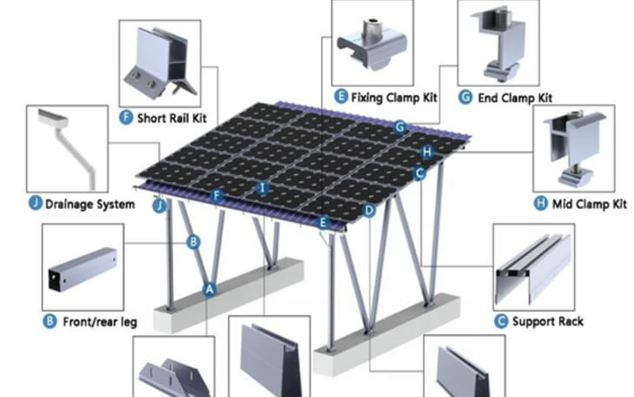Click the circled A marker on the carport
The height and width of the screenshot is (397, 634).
point(209,289)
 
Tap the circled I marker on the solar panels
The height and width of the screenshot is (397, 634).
point(263,188)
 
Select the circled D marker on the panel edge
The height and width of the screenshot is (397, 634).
point(369,211)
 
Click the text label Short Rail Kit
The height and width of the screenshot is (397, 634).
point(172,118)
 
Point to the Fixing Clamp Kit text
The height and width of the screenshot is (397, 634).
point(394,98)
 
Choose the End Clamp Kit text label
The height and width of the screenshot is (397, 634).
point(515,98)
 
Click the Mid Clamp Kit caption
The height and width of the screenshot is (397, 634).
point(590,204)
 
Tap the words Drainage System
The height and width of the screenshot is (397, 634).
point(90,204)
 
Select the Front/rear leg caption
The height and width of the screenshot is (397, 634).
point(100,322)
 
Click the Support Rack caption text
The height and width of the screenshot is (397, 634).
point(548,321)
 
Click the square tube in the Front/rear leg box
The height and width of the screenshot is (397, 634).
point(83,269)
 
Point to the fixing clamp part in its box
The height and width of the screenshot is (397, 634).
point(371,44)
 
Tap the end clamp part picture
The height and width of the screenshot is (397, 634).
point(498,43)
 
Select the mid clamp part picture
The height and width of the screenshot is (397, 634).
point(574,148)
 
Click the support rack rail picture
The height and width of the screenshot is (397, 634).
point(533,269)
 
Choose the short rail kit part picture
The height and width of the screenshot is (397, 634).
point(160,63)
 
